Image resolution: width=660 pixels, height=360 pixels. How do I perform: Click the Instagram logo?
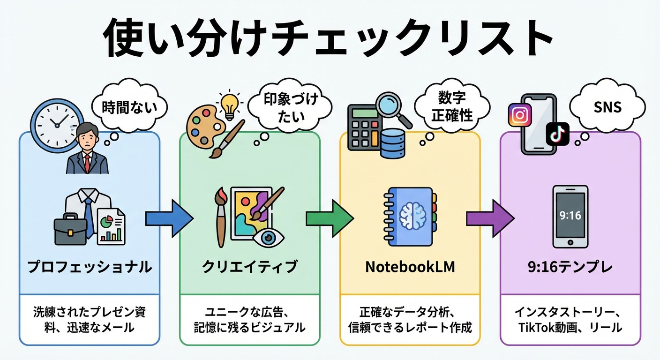(519, 115)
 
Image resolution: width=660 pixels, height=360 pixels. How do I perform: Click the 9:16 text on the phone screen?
(570, 215)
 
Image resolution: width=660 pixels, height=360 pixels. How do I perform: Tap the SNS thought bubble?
(608, 107)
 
